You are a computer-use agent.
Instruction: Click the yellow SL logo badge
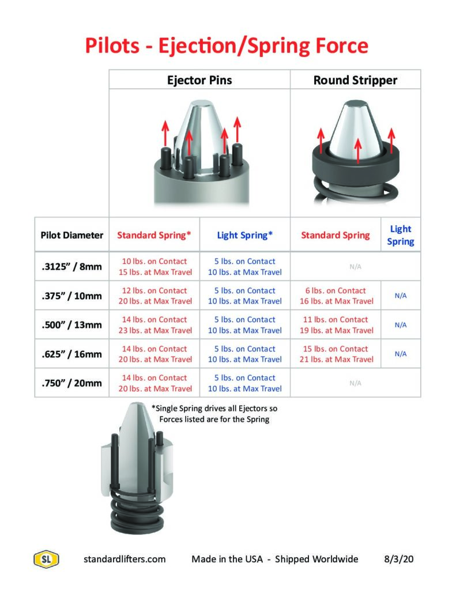[x=46, y=559]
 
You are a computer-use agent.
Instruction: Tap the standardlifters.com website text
[x=125, y=559]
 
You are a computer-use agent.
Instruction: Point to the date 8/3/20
[x=398, y=559]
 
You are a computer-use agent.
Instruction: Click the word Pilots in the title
[x=112, y=46]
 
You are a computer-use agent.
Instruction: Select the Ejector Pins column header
[x=199, y=80]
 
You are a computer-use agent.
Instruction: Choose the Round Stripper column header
[x=355, y=80]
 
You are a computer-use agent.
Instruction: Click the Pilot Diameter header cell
[x=72, y=235]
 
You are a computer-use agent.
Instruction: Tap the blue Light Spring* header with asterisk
[x=245, y=235]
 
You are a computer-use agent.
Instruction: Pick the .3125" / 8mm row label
[x=71, y=266]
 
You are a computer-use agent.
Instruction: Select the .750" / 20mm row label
[x=71, y=383]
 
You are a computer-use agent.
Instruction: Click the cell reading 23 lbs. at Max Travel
[x=155, y=330]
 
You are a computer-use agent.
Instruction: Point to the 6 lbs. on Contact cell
[x=336, y=290]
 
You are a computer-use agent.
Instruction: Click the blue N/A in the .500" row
[x=401, y=325]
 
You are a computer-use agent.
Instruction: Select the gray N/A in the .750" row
[x=355, y=383]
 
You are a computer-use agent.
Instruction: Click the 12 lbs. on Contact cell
[x=154, y=290]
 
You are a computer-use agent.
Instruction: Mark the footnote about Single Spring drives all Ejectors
[x=214, y=414]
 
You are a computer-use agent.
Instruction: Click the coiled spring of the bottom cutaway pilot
[x=137, y=512]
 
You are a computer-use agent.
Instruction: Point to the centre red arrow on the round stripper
[x=358, y=150]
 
